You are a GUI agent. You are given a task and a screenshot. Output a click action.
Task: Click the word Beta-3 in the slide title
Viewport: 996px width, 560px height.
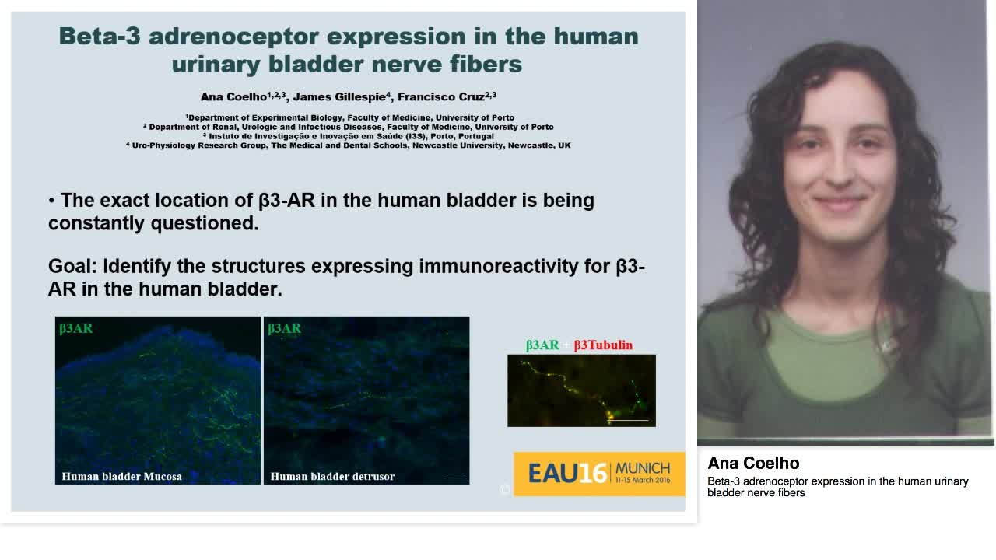pos(98,37)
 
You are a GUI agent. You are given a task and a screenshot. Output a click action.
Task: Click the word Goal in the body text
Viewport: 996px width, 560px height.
pos(72,267)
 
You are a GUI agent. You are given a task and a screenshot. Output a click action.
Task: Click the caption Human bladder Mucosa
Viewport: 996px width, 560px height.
pos(121,476)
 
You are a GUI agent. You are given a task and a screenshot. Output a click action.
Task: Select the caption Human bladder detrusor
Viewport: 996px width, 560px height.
pos(332,476)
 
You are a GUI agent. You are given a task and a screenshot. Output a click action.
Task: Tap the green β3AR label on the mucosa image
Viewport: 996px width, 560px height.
pos(76,328)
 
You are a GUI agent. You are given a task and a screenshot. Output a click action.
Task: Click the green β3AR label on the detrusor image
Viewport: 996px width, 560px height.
pos(285,328)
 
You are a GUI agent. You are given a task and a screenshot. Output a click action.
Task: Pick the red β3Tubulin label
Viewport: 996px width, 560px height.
pos(603,345)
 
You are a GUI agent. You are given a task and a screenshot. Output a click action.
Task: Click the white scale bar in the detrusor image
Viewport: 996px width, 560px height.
pos(452,478)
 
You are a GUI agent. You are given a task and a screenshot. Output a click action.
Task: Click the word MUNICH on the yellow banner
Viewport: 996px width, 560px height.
pos(642,468)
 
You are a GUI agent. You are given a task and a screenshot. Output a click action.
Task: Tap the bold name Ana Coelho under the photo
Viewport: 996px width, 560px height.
pos(753,464)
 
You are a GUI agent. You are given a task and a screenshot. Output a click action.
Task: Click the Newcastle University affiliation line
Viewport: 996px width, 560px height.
pos(348,145)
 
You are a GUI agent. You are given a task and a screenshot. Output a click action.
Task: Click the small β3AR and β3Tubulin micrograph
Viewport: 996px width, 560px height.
pos(581,390)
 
